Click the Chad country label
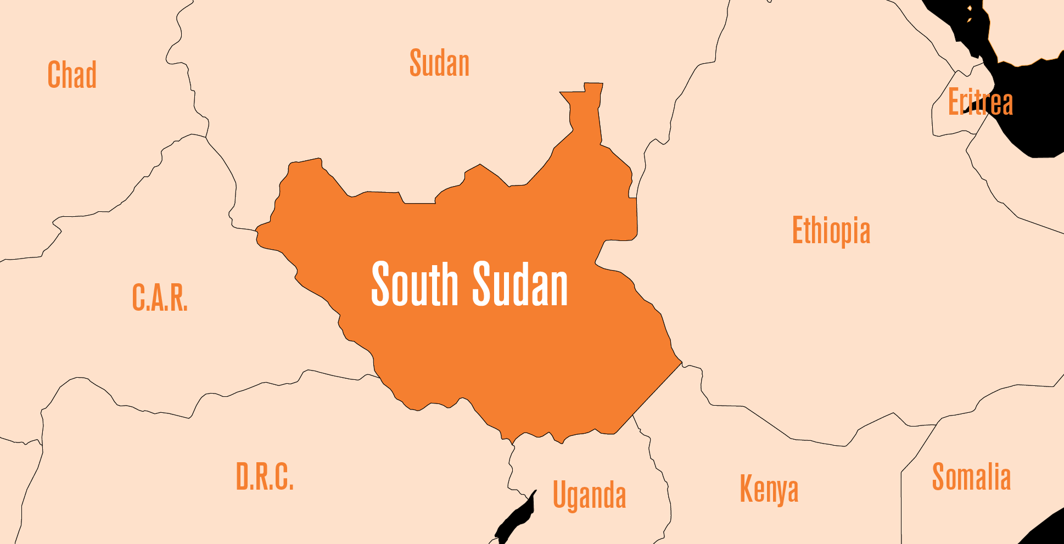[72, 75]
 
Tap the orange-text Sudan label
[439, 63]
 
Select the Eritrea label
[980, 102]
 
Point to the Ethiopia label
[831, 231]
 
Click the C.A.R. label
[160, 298]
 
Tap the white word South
[415, 284]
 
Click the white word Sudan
[520, 284]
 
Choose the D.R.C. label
[265, 476]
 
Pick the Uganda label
[589, 495]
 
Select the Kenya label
[769, 489]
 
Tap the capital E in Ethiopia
[798, 230]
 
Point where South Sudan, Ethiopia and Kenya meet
[681, 363]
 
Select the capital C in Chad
[54, 75]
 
